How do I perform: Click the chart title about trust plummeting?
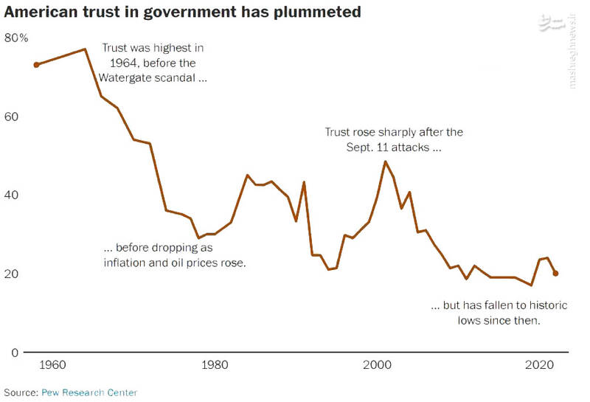pyautogui.click(x=182, y=13)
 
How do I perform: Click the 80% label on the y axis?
pyautogui.click(x=15, y=38)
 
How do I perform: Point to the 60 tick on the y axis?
pyautogui.click(x=10, y=117)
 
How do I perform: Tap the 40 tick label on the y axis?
pyautogui.click(x=10, y=195)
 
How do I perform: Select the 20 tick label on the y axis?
pyautogui.click(x=10, y=274)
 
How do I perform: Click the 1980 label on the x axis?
pyautogui.click(x=215, y=366)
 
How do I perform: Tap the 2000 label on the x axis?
pyautogui.click(x=378, y=366)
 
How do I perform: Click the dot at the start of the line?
pyautogui.click(x=36, y=65)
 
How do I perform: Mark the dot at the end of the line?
pyautogui.click(x=556, y=274)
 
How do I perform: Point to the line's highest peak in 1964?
pyautogui.click(x=85, y=49)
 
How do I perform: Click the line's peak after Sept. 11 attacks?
pyautogui.click(x=386, y=162)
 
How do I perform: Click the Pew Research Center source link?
pyautogui.click(x=88, y=392)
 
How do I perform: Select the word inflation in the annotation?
pyautogui.click(x=127, y=262)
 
